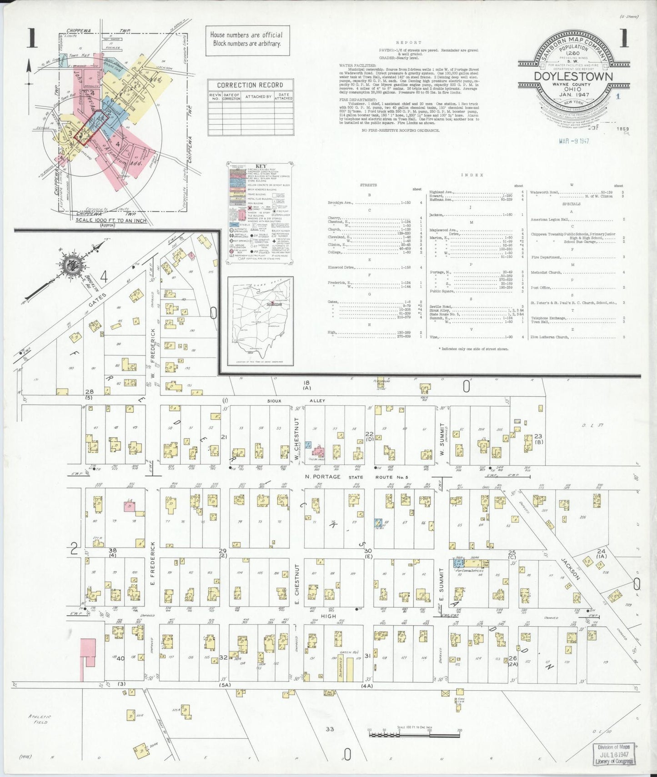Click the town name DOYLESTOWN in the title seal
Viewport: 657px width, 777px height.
click(573, 76)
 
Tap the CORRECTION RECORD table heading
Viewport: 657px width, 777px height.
click(250, 85)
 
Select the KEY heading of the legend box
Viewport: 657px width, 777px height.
click(261, 166)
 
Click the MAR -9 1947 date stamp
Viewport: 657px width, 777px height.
click(574, 141)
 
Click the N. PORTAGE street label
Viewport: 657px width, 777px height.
click(323, 477)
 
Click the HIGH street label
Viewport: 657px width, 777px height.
click(328, 616)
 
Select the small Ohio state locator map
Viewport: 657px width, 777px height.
click(260, 321)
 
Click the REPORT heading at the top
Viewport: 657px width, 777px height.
click(408, 42)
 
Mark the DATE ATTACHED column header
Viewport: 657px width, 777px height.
click(283, 96)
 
